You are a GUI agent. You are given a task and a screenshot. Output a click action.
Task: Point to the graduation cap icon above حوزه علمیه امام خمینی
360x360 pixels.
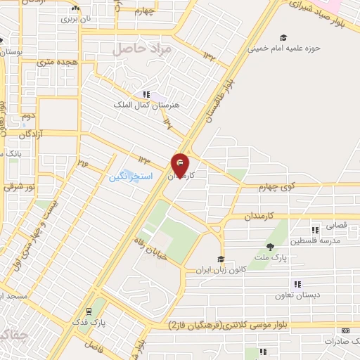(x=283, y=38)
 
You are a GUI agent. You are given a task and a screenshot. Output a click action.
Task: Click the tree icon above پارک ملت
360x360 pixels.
(x=271, y=245)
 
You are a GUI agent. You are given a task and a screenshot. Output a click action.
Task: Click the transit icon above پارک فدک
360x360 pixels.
(x=89, y=310)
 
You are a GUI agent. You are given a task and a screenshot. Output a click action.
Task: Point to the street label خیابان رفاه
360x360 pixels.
(x=152, y=247)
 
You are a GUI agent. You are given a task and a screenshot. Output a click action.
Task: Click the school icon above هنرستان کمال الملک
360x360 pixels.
(x=146, y=94)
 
